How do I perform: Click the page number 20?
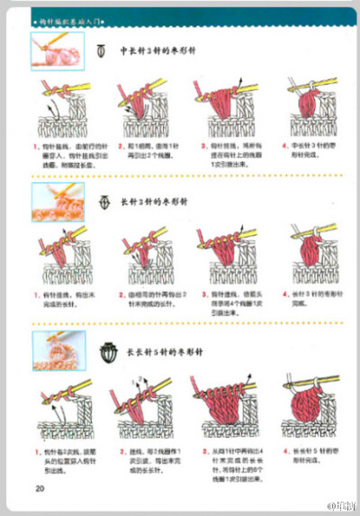pos(40,488)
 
